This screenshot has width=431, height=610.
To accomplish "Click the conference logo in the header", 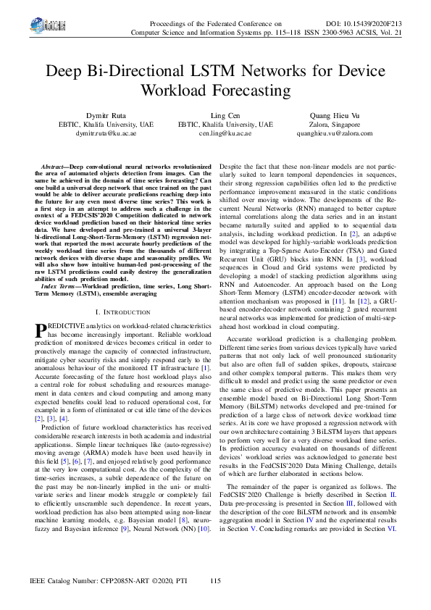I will click(55, 26).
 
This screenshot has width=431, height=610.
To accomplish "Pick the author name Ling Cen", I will click(215, 115).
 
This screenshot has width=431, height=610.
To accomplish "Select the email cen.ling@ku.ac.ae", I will click(215, 133).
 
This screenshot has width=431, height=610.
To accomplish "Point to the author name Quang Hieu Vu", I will click(335, 115).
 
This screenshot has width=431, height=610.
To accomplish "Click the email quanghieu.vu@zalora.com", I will click(335, 133).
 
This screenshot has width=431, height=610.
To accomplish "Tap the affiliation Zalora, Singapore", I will click(335, 124).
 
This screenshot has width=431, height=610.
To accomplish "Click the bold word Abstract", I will click(56, 167).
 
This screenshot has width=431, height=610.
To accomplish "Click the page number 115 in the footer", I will click(215, 581).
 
